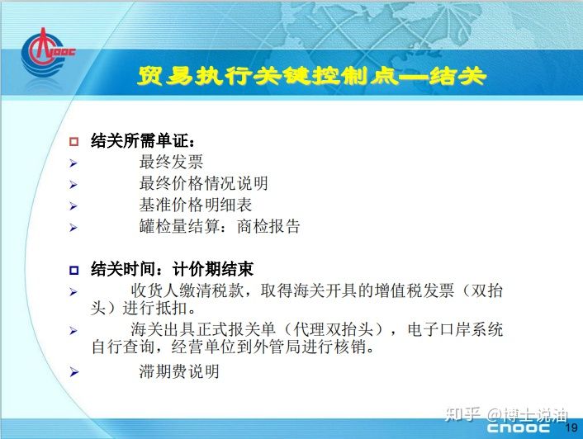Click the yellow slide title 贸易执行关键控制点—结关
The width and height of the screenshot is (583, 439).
point(311,76)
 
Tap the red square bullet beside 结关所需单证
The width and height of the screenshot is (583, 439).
point(74,141)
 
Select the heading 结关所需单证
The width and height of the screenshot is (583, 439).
point(142,141)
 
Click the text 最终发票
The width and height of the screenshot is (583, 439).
point(172,162)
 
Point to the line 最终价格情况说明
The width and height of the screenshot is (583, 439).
point(203,183)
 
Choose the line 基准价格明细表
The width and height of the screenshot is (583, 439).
point(196,205)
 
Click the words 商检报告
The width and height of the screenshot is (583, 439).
point(268,226)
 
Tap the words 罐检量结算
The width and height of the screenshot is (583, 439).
point(179,226)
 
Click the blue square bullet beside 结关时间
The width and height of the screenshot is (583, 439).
point(74,270)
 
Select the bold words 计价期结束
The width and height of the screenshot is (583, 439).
point(213,269)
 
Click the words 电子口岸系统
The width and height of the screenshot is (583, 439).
point(455,329)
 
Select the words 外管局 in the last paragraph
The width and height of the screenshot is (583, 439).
point(277,347)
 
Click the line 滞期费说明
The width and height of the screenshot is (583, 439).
point(179,371)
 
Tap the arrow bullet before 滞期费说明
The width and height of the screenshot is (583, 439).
point(74,372)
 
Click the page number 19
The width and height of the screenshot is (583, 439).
point(571,427)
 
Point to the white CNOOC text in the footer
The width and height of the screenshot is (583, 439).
point(519,427)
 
